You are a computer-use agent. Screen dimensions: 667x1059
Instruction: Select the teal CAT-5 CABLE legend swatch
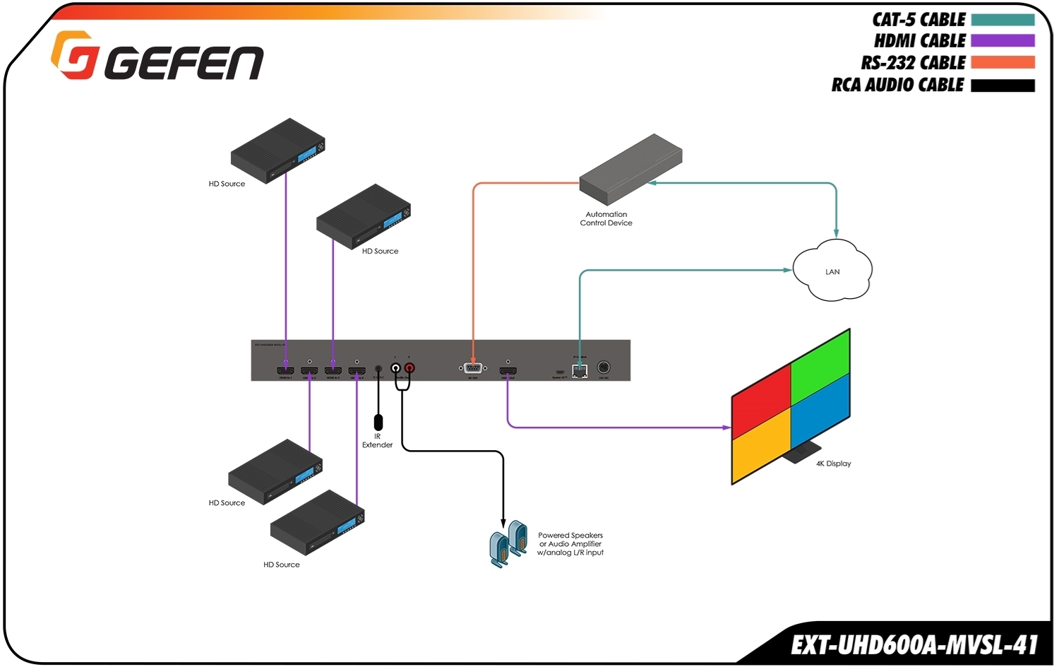pos(1003,20)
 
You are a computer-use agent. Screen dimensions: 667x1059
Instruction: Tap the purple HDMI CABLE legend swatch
pos(1003,41)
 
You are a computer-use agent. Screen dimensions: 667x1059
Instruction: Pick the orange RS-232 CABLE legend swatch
pos(1003,63)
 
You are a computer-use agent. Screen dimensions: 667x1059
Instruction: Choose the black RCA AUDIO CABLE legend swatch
pos(1003,85)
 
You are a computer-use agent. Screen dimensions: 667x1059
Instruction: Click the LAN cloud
pos(832,271)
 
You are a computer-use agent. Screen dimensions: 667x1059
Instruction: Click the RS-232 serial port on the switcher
pos(472,368)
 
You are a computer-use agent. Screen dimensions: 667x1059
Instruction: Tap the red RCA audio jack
pos(409,368)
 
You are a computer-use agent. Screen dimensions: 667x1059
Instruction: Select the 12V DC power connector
pos(604,367)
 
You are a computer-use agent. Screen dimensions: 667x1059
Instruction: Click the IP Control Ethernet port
pos(580,371)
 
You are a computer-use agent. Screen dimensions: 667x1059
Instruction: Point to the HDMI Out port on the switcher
pos(508,370)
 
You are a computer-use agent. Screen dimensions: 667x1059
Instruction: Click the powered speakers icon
pos(508,543)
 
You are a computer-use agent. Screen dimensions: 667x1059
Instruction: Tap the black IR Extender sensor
pos(378,423)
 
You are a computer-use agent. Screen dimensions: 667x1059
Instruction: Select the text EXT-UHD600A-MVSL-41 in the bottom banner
pos(914,645)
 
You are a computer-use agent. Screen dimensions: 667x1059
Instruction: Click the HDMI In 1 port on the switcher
pos(285,370)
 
